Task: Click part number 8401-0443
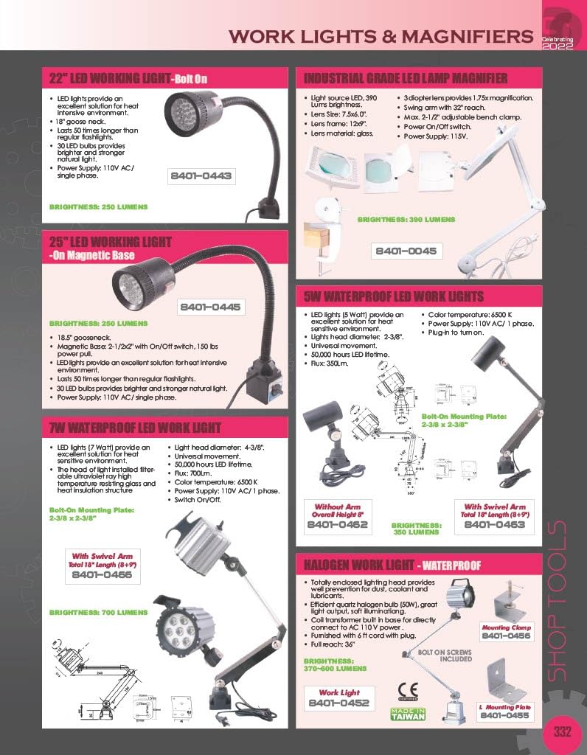201,176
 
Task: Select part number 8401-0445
211,307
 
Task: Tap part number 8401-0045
406,251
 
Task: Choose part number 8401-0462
337,525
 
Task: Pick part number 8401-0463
495,524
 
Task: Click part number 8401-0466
103,574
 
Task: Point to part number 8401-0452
338,703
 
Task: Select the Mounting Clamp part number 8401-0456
506,636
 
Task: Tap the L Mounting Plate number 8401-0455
505,715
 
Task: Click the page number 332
563,732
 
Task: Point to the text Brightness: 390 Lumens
406,220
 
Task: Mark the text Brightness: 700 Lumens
99,612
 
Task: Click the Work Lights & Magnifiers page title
380,35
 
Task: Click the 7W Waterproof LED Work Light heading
135,428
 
